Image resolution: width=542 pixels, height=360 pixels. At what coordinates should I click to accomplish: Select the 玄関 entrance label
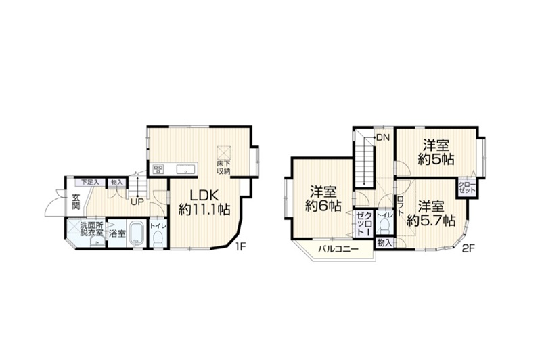point(76,202)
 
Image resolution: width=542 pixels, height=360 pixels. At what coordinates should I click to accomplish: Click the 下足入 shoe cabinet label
point(89,182)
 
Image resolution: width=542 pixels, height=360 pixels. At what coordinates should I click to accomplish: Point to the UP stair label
point(137,201)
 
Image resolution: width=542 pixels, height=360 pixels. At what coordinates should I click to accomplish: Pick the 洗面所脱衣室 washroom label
point(92,229)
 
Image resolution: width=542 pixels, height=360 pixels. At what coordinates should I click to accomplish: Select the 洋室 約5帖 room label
point(436,152)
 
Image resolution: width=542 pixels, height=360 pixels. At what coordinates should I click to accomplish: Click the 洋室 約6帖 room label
point(322,198)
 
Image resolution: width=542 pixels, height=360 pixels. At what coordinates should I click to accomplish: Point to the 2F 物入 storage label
point(384,242)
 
